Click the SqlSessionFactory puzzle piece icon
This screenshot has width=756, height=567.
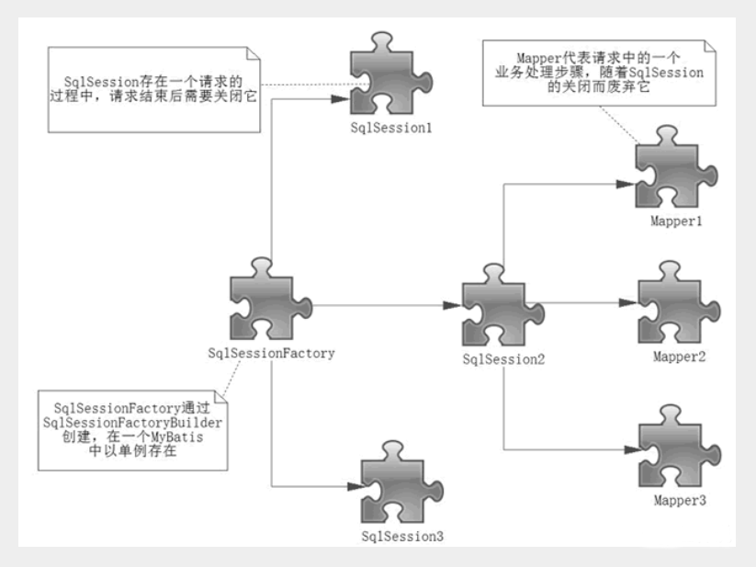(x=267, y=303)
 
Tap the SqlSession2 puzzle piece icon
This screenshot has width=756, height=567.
(x=500, y=312)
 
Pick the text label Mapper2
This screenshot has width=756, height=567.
(x=679, y=356)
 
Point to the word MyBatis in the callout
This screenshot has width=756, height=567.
(x=180, y=437)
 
